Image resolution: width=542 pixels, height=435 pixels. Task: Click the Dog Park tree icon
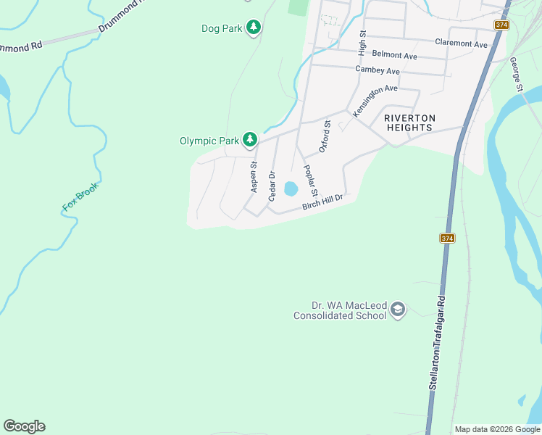click(253, 28)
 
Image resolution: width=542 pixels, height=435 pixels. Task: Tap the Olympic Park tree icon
click(250, 139)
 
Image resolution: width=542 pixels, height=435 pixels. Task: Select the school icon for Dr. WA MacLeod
click(397, 310)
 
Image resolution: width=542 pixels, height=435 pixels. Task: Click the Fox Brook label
click(80, 196)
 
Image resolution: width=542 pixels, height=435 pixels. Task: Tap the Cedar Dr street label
click(272, 186)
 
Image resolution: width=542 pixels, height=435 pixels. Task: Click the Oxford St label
click(325, 137)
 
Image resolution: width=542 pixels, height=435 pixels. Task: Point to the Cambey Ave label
click(378, 70)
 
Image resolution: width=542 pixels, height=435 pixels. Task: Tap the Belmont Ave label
click(394, 55)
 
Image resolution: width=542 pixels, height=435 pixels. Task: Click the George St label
click(516, 75)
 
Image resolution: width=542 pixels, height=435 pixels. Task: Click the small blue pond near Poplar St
click(291, 188)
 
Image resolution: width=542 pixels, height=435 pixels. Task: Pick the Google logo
click(24, 426)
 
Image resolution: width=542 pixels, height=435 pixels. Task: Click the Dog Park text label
click(221, 29)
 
